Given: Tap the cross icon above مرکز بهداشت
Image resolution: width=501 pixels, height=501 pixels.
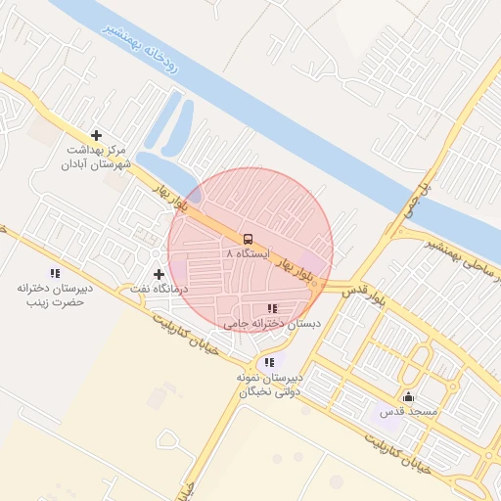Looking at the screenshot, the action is point(96,135).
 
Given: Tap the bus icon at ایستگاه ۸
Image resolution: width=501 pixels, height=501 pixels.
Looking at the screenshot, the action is point(248,238).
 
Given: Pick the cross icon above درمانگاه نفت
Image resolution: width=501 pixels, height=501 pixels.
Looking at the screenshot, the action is point(159,274).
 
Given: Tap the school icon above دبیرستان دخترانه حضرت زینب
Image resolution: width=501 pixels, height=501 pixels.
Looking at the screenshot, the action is point(55,273).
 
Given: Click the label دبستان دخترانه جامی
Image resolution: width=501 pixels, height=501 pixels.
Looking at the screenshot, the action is point(260,323).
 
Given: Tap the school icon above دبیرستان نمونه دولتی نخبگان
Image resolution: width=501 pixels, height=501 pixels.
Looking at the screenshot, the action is point(269,362).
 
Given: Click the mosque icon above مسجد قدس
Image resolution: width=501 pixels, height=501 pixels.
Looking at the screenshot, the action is point(408,397).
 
